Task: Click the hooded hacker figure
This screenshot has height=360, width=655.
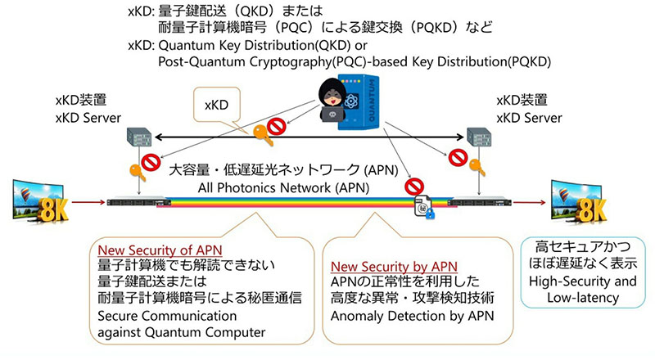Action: pos(332,101)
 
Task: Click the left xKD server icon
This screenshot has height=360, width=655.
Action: pos(139,137)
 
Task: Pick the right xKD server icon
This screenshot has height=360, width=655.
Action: pos(479,137)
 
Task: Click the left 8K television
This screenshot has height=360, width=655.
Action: pos(40,202)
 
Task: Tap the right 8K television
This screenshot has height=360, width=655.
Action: pos(579,202)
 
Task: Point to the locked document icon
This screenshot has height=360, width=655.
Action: pos(424,207)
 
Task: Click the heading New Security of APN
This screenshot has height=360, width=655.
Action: pos(160,250)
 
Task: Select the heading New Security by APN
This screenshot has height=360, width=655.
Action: pos(394,267)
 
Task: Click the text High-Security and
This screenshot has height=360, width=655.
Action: pos(583,281)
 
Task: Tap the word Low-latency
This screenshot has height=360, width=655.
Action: pos(583,298)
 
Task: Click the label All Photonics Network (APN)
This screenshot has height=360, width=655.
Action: pos(283,188)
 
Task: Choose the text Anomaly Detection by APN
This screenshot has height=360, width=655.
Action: pos(413,316)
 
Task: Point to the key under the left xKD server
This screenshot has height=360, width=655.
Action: pos(138,172)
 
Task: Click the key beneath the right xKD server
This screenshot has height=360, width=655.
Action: pos(477,167)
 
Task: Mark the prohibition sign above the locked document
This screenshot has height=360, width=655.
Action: pos(414,187)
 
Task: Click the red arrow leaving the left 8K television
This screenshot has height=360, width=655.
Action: pos(88,203)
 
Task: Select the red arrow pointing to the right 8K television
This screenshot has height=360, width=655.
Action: pos(529,203)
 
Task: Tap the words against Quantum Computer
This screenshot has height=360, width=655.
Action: pos(181,332)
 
